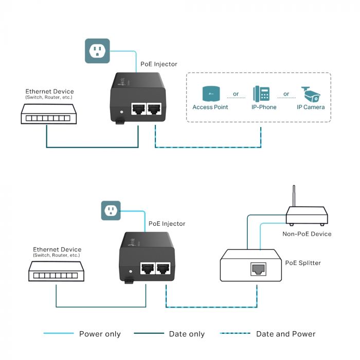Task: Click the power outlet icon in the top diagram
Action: click(x=97, y=50)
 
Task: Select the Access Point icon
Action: click(x=210, y=94)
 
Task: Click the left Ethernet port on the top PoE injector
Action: click(x=138, y=109)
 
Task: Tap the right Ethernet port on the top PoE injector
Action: click(x=155, y=109)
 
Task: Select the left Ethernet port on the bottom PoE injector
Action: click(x=148, y=268)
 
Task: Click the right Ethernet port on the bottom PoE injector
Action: click(x=164, y=268)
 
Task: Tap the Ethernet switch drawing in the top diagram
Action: click(x=46, y=114)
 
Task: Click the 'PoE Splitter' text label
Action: click(x=303, y=263)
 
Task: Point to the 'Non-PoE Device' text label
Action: click(x=307, y=233)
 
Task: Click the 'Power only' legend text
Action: click(x=100, y=334)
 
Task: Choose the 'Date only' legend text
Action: click(x=187, y=334)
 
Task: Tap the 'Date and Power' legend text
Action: click(x=286, y=334)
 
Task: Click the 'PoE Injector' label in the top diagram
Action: click(x=159, y=64)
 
